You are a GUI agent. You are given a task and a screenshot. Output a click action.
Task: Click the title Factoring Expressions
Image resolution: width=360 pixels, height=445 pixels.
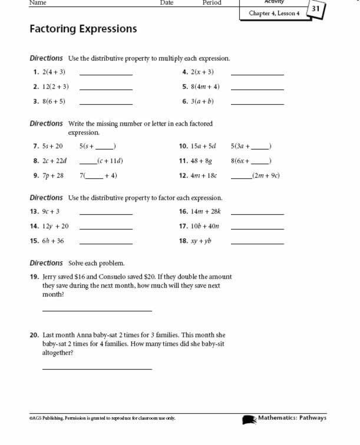coord(83,29)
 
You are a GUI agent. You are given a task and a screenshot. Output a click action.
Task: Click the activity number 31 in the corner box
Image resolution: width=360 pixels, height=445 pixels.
coord(316,9)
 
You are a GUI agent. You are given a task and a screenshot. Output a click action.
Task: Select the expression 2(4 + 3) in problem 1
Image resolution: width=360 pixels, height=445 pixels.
coord(54,72)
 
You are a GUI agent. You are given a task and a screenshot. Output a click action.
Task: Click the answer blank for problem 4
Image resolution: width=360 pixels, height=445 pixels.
coord(257,74)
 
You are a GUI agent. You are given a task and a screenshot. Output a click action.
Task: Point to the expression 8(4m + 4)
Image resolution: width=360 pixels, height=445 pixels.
coord(205,87)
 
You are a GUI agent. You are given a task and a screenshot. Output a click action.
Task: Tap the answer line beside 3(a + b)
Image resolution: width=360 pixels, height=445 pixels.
coord(257,104)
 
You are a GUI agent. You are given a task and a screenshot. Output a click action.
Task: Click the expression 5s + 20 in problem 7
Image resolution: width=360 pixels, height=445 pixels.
coord(52,146)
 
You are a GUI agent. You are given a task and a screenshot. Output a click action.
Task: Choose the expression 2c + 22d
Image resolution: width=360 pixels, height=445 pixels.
coord(54,161)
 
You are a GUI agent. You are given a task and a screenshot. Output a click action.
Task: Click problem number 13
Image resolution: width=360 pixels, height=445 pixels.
coord(34,211)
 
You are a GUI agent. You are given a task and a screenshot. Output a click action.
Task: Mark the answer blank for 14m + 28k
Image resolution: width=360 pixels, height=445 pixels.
coord(257,214)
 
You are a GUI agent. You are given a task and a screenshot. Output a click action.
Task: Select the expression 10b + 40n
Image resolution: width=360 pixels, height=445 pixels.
coord(205,226)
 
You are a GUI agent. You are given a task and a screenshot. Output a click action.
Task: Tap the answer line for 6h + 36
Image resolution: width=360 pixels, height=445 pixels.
coord(105,243)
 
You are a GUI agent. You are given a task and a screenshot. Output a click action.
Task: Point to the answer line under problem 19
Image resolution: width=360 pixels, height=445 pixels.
coord(97,310)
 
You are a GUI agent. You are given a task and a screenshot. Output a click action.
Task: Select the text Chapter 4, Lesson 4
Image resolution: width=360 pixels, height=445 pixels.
coord(274,13)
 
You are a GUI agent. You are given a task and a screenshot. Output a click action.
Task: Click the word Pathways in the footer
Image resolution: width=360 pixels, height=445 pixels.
coord(312,419)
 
